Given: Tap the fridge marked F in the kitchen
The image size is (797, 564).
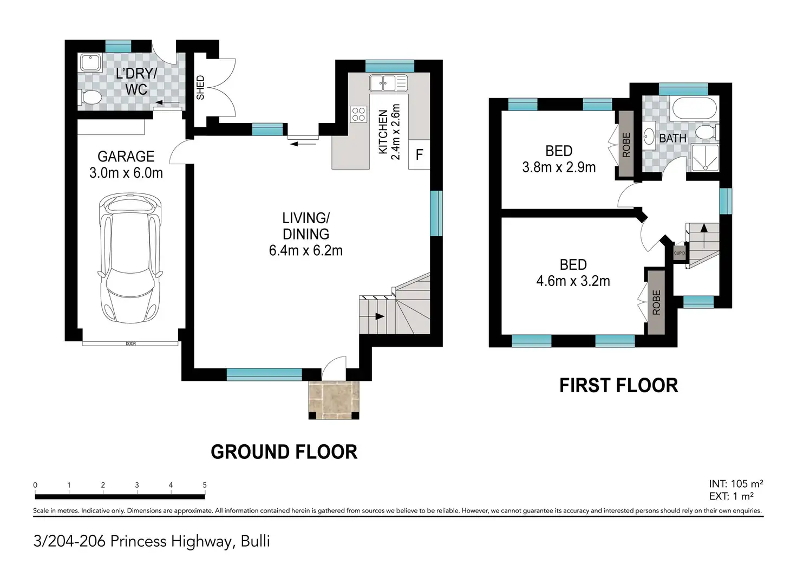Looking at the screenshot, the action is coord(419,154).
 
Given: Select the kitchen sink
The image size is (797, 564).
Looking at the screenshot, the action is coord(388,83).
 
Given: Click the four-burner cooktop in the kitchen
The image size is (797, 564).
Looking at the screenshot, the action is coord(358,114).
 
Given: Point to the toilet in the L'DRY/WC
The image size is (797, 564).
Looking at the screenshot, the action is coord(89,97).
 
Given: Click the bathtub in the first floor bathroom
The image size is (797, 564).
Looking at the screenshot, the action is coord(694,108).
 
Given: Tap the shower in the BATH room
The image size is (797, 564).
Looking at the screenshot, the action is coord(705,157).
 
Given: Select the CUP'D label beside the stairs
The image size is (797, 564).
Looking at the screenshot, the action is coord(679,253).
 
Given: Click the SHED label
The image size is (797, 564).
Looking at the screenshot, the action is coord(200,88).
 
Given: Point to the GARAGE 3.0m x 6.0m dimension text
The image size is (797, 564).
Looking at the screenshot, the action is coord(126,165).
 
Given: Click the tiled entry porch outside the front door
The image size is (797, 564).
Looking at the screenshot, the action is coord(334,400).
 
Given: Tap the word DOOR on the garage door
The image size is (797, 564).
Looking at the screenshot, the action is coord(130,343).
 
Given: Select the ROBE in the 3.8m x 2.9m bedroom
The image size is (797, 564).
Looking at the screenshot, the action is coord(626,144).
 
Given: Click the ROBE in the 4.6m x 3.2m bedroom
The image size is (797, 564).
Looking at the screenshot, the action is coord(656,302).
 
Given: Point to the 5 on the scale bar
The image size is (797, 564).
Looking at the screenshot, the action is coord(205,485).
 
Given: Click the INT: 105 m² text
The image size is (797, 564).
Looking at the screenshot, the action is coord(736,484).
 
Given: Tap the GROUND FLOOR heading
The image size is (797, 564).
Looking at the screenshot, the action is coord(284,452).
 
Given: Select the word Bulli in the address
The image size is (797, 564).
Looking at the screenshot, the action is coord(255,541).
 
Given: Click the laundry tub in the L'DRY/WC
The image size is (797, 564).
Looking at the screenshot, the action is coord(91,63).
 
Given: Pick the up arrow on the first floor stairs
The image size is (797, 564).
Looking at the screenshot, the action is coord(704,236).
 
